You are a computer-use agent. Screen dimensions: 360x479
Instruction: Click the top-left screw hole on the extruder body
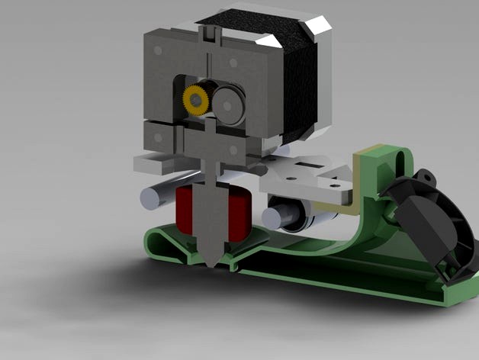tap(157, 50)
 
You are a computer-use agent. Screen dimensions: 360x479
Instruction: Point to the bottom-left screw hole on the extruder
tap(157, 139)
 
